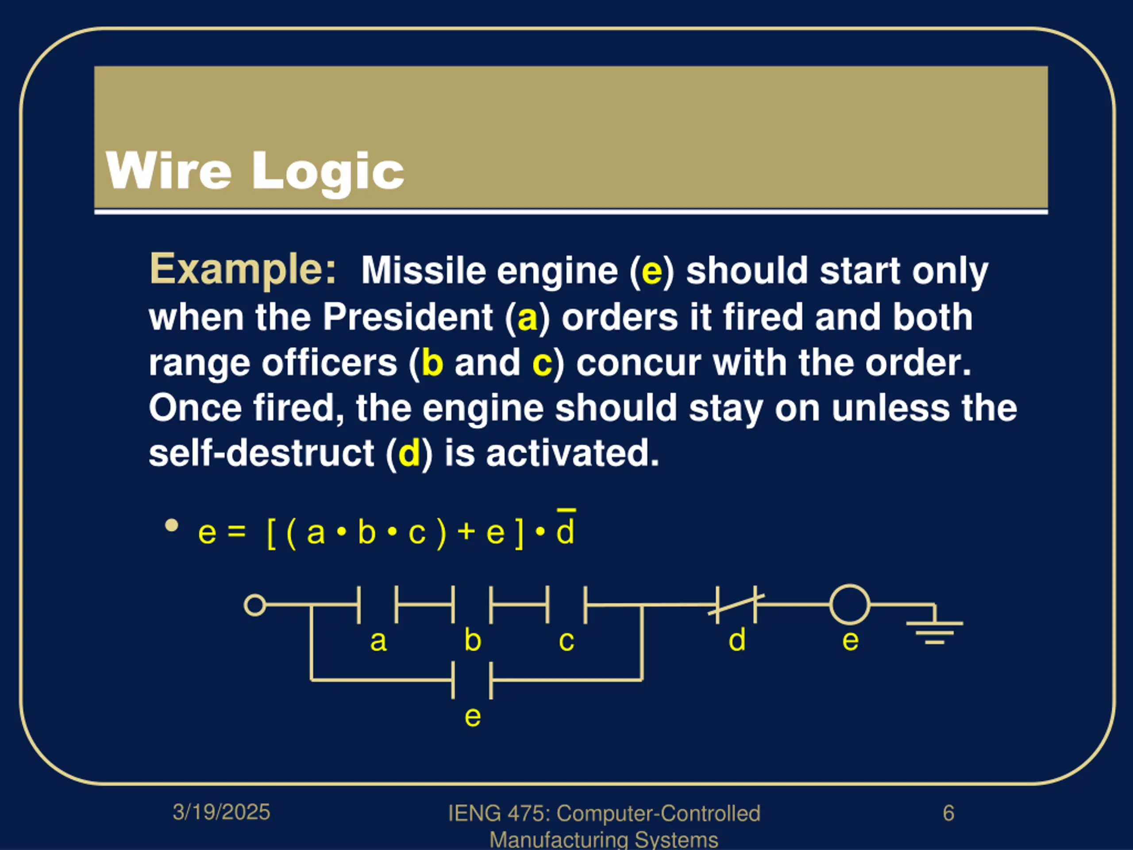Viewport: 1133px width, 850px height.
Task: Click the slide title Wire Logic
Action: click(254, 170)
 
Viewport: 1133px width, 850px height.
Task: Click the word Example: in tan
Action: click(243, 269)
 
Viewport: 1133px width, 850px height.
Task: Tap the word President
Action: click(407, 317)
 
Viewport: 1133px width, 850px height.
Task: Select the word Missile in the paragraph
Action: click(423, 270)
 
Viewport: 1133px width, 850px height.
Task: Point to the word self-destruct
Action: click(261, 453)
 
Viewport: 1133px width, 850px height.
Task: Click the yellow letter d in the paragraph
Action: click(409, 453)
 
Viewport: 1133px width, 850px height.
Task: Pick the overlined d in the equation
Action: click(566, 531)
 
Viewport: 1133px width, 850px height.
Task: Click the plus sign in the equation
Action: click(466, 531)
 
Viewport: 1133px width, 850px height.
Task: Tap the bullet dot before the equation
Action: click(172, 525)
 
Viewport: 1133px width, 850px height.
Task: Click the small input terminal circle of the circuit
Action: click(254, 605)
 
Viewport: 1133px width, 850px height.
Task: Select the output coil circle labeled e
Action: click(849, 605)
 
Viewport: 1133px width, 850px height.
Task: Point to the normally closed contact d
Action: click(736, 605)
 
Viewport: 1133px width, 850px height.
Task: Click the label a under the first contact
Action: click(378, 641)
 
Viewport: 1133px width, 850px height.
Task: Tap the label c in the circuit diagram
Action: click(566, 641)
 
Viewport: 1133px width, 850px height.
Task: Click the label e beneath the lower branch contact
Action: click(472, 716)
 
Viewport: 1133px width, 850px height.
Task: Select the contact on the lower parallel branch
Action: click(472, 680)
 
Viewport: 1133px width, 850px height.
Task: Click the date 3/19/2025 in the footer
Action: click(221, 812)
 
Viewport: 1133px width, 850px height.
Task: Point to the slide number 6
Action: click(948, 813)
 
